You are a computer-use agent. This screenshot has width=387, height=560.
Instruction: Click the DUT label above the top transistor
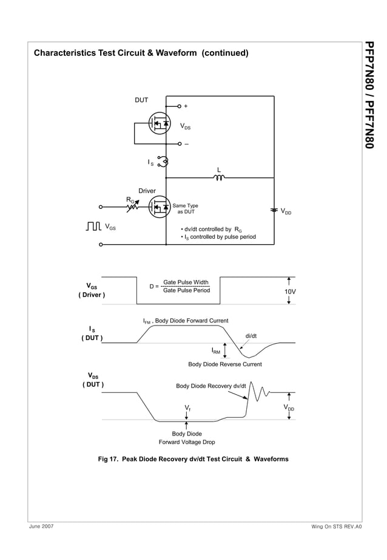[141, 100]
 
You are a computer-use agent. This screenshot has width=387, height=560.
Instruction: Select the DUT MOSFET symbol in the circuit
[158, 124]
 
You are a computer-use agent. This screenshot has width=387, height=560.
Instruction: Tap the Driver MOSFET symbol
[159, 207]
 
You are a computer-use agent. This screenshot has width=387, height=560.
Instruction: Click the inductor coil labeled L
[219, 178]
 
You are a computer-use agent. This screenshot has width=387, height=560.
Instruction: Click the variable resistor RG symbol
[133, 207]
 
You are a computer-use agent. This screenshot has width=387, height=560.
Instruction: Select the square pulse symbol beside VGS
[93, 227]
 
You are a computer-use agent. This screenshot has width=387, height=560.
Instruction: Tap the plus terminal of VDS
[180, 106]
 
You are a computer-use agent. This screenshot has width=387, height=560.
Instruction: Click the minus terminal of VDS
[180, 144]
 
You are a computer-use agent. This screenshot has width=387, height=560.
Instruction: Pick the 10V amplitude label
[291, 292]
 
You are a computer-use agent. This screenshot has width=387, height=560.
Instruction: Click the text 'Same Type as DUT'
[186, 209]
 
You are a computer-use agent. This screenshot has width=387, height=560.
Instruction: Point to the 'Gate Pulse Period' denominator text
[186, 290]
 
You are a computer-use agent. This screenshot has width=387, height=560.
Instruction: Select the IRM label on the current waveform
[216, 350]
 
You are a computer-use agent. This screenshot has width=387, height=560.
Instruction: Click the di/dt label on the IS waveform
[251, 335]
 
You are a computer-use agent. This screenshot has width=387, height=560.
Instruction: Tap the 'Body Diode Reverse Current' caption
[224, 364]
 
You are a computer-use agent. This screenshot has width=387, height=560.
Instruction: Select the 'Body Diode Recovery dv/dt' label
[210, 386]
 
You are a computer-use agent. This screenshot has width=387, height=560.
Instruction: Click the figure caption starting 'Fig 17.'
[193, 459]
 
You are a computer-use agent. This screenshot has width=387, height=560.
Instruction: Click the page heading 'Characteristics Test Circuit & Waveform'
[141, 53]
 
